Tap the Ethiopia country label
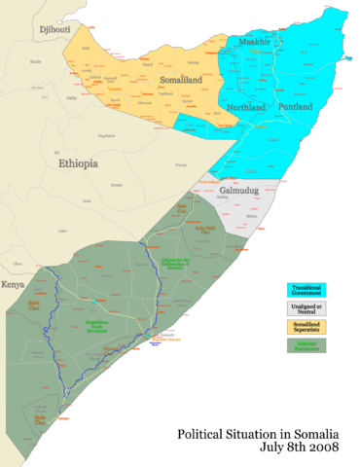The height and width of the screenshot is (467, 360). click(x=78, y=164)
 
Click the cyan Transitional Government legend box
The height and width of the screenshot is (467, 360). click(x=306, y=290)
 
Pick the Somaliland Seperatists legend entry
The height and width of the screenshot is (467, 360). click(x=306, y=325)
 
